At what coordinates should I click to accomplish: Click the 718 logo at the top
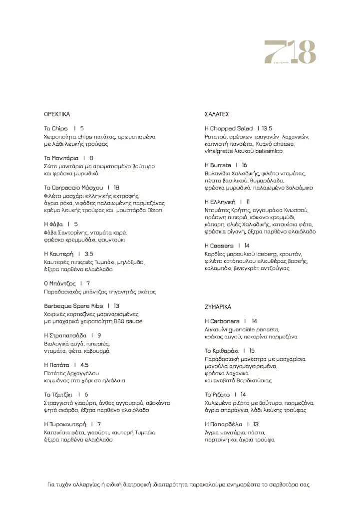click(x=290, y=52)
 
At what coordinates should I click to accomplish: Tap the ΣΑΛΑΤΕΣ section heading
click(x=217, y=114)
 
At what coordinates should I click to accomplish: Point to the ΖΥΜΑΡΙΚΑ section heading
click(x=218, y=307)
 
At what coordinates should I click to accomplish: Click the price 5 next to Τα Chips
click(x=82, y=128)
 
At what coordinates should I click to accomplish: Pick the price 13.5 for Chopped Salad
click(x=266, y=128)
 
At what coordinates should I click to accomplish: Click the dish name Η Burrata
click(x=218, y=165)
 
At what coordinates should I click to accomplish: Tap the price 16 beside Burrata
click(x=244, y=165)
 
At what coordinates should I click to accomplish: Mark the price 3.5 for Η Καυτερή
click(x=88, y=254)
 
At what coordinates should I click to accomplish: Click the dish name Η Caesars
click(x=219, y=246)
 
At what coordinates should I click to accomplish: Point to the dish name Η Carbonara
click(x=222, y=321)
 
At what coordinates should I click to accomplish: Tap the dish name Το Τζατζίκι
click(x=58, y=394)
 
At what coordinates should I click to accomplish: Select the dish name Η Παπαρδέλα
click(x=224, y=424)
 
